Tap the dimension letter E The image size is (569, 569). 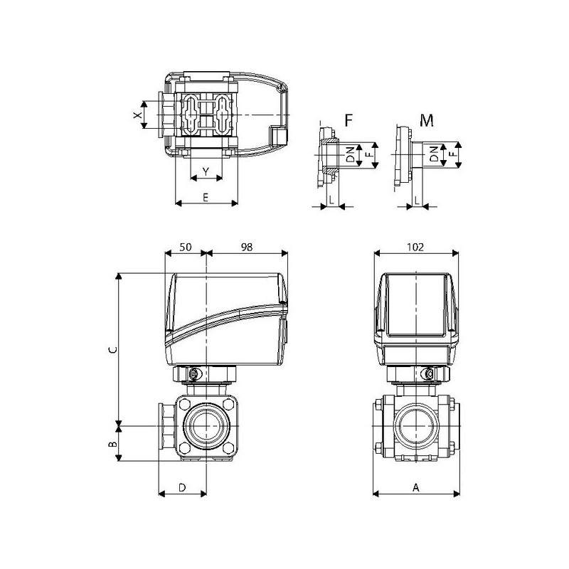[x=206, y=198]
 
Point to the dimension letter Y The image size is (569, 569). [x=206, y=172]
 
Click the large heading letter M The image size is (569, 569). [x=427, y=119]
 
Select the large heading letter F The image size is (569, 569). [x=349, y=119]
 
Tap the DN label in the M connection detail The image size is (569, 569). [x=434, y=154]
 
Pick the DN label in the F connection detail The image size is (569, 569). [x=350, y=154]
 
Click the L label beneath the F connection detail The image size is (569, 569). [x=331, y=202]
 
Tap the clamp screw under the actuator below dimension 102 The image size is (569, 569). [x=429, y=374]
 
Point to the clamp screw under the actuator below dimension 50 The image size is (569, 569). [x=193, y=374]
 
